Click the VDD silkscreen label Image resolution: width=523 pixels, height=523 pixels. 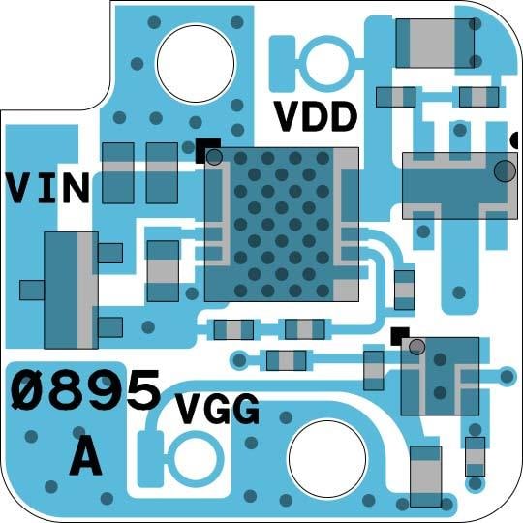point(316,116)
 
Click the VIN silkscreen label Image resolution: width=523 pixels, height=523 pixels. point(47,188)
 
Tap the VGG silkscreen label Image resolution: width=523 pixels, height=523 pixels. point(218,409)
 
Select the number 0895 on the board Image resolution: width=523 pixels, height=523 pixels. point(86,390)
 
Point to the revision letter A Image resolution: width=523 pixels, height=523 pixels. point(86,456)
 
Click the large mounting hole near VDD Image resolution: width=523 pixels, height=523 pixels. point(196,63)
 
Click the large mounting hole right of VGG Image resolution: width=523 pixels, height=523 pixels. point(327,459)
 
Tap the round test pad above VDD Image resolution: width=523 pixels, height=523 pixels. point(327,63)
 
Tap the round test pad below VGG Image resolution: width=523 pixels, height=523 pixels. point(196,459)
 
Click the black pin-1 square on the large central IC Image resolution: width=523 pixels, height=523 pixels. point(207,151)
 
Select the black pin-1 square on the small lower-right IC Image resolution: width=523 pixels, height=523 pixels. point(400,336)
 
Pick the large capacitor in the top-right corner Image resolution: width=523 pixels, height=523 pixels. point(435,44)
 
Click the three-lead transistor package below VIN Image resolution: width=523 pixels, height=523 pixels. point(71,291)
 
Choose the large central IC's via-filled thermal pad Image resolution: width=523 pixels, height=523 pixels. point(282,224)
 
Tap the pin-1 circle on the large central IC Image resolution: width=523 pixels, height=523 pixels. point(214,157)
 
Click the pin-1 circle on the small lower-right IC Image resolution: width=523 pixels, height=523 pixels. point(416,347)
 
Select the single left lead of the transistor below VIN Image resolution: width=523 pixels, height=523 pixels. point(32,291)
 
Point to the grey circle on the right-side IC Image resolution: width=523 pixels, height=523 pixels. point(505,171)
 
